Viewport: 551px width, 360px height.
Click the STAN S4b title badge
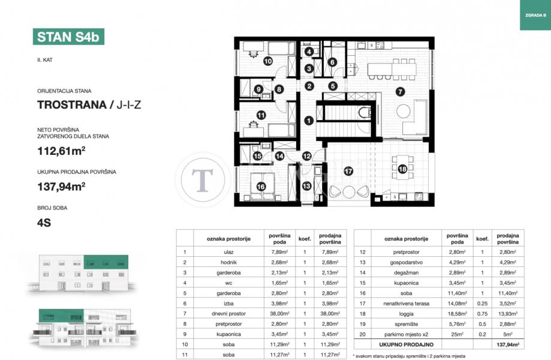(68, 37)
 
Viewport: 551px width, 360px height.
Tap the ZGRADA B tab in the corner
(535, 15)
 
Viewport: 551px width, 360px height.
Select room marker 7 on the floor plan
(400, 92)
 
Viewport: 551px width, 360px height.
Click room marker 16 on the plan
(261, 187)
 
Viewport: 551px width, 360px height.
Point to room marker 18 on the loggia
(402, 169)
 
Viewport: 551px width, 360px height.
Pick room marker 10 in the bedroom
(268, 61)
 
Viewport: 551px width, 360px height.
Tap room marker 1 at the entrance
(309, 121)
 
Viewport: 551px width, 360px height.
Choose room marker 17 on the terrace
(348, 171)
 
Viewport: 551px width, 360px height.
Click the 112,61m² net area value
(62, 151)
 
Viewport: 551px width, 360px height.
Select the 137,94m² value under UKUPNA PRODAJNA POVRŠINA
(62, 187)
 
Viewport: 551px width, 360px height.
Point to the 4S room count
(44, 223)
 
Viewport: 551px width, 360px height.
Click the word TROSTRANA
(72, 105)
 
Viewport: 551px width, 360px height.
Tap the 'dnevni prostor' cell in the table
(228, 314)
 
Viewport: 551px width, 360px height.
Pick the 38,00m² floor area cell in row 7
(280, 314)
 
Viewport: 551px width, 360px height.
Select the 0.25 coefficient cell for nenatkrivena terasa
(482, 304)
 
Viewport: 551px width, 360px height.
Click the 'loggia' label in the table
(407, 314)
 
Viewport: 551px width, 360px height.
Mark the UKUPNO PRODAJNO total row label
(407, 344)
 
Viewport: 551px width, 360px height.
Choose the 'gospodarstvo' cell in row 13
(407, 262)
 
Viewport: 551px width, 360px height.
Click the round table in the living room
(404, 111)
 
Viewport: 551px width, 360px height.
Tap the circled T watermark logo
(203, 179)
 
